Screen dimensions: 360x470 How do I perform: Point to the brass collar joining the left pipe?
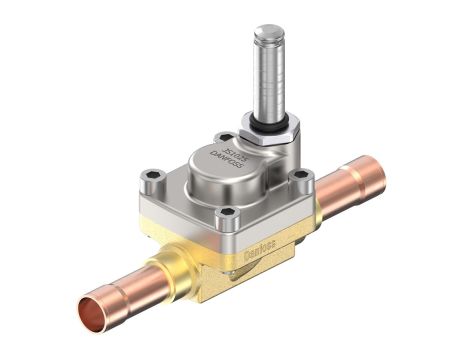(170, 270)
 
